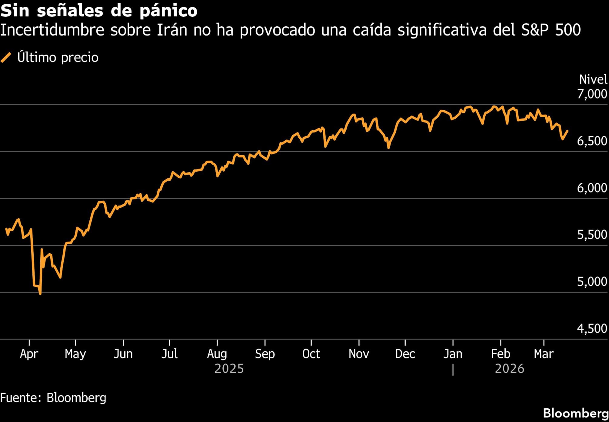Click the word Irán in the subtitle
(x=172, y=30)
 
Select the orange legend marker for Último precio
(x=6, y=57)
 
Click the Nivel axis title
(x=593, y=80)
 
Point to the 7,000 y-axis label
(x=592, y=94)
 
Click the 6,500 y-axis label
(x=592, y=141)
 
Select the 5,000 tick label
(x=592, y=282)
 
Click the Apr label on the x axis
(x=29, y=354)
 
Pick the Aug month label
(x=217, y=354)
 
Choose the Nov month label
(x=359, y=354)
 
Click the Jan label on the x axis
(x=453, y=354)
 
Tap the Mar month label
(x=544, y=354)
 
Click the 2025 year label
(x=229, y=369)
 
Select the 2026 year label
(x=509, y=369)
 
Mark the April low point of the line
(x=40, y=293)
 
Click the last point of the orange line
(x=567, y=131)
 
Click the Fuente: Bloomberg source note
(x=53, y=398)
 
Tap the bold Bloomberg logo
(x=575, y=413)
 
